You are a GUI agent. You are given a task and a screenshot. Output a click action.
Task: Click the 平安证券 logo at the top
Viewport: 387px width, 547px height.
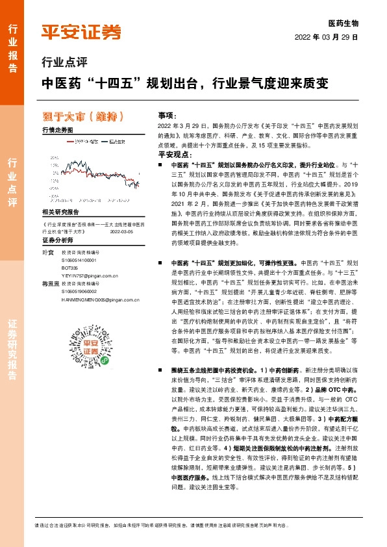tap(81, 31)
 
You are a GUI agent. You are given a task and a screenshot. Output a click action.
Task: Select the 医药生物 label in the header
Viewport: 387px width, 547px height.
tap(343, 23)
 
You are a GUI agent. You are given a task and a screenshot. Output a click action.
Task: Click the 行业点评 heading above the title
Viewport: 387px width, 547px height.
tap(64, 62)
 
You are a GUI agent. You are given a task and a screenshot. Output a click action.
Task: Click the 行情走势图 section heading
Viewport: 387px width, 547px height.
tap(57, 131)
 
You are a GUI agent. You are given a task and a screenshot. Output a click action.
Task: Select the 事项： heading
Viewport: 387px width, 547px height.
tap(168, 114)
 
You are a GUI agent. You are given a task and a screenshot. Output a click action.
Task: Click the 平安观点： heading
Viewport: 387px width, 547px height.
tap(173, 155)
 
